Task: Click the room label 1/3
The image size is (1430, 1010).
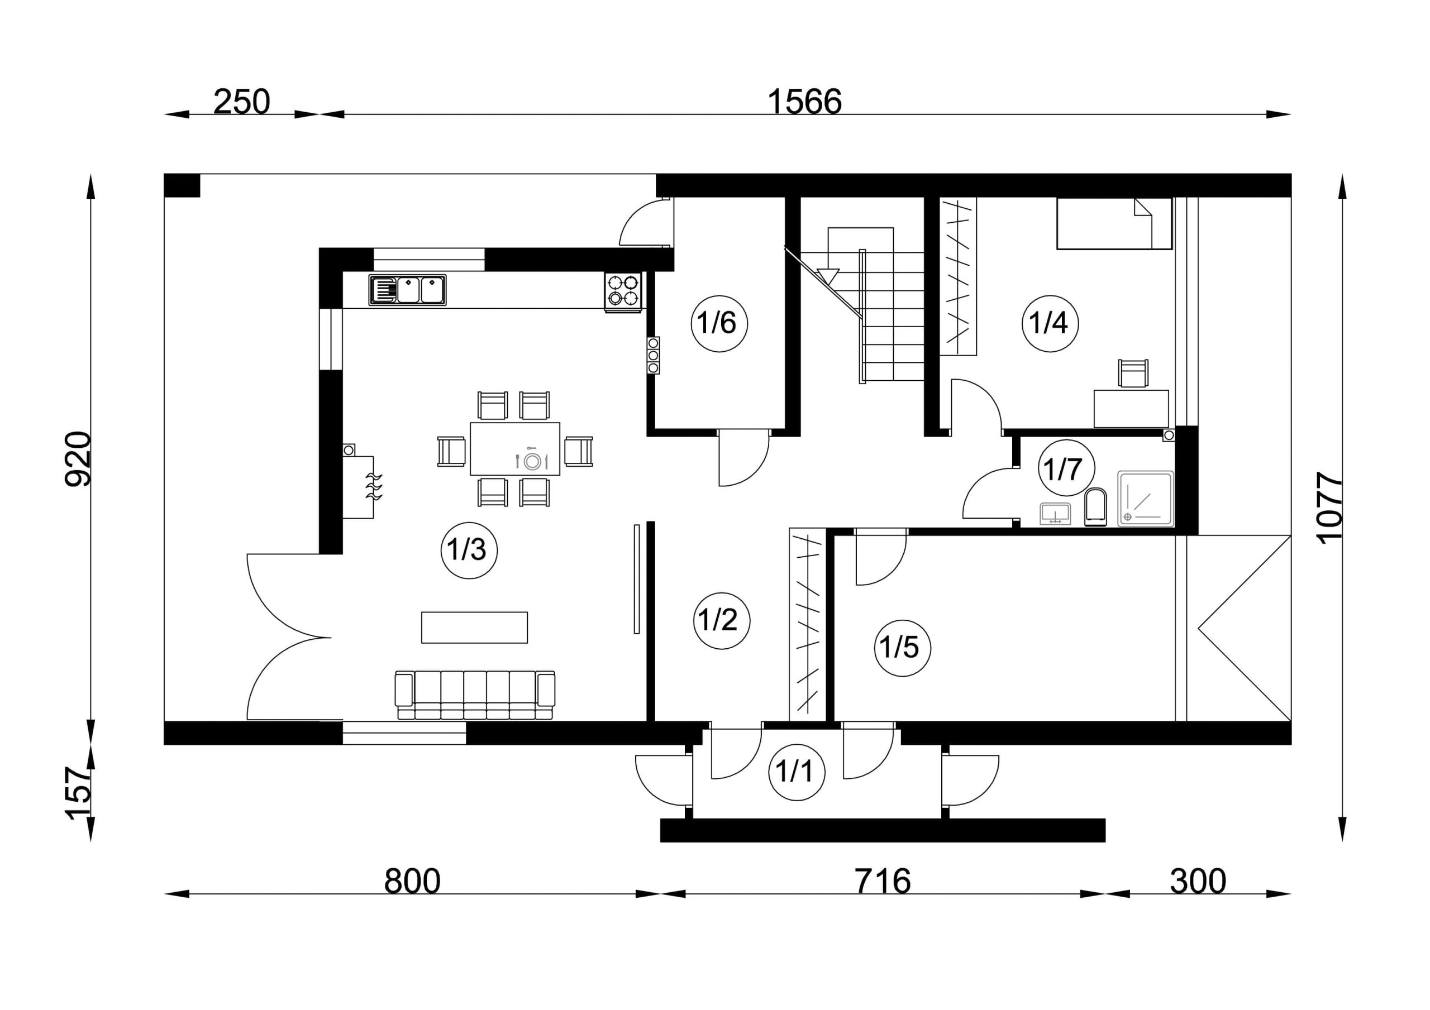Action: click(468, 550)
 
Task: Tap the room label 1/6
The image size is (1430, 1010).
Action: click(719, 323)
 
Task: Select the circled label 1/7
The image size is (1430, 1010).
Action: click(1066, 469)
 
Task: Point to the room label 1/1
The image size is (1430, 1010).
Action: click(796, 772)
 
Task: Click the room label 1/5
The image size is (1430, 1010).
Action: click(902, 648)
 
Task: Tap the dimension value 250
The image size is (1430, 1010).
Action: click(242, 102)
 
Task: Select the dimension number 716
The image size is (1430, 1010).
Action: click(883, 881)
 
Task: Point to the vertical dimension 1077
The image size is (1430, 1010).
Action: click(1329, 508)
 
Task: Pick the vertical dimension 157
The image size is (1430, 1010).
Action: click(78, 793)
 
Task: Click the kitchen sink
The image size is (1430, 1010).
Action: click(407, 290)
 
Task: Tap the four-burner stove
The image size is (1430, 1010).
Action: click(623, 291)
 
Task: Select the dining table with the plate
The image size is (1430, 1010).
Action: click(515, 448)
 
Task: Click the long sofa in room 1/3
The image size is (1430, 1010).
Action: click(475, 695)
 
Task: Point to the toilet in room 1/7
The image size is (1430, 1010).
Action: click(1095, 507)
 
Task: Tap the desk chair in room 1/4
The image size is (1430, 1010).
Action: click(1133, 373)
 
